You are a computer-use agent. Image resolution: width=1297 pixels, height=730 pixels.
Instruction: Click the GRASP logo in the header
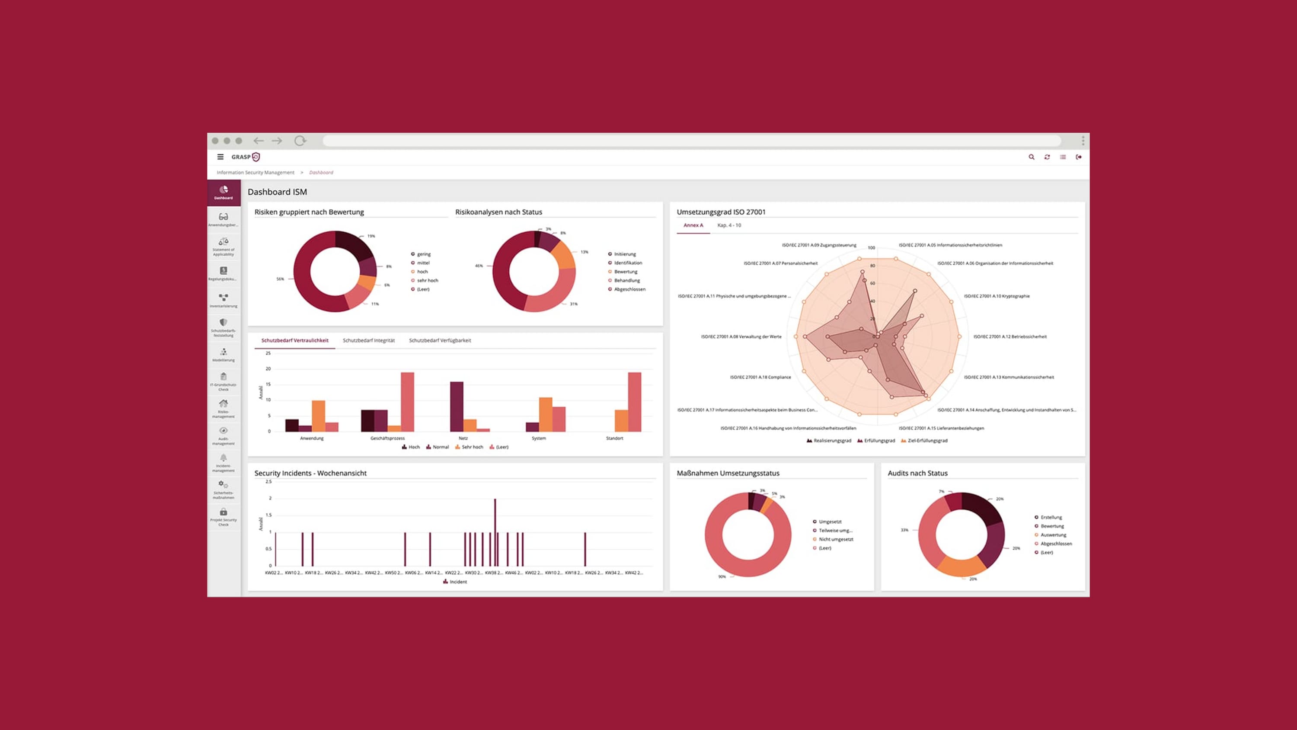click(x=246, y=157)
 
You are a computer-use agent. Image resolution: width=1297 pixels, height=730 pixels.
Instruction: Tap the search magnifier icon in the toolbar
click(x=1031, y=157)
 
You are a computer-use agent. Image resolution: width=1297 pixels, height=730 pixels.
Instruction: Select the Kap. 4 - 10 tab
click(x=729, y=225)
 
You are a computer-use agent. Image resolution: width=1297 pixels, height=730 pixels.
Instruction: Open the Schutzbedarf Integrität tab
click(x=368, y=341)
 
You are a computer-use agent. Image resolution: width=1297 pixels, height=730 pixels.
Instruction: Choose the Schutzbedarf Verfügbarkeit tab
click(x=440, y=341)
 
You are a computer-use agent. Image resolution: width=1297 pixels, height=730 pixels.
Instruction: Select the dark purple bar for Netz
click(x=457, y=406)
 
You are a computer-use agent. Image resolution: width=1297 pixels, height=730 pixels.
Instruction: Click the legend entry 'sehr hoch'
click(x=427, y=281)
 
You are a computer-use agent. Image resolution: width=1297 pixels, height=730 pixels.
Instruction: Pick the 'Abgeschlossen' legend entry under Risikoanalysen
click(x=629, y=289)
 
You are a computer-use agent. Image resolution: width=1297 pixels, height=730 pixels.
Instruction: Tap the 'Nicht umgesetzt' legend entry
click(x=835, y=539)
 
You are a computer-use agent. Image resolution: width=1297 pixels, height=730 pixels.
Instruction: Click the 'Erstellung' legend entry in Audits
click(x=1051, y=517)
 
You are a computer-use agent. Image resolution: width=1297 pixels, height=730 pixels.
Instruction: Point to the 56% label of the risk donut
click(x=280, y=279)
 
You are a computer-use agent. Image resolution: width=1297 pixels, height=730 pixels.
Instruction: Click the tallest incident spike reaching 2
click(x=495, y=531)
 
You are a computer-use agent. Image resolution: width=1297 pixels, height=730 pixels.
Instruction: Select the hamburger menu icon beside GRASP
click(x=220, y=157)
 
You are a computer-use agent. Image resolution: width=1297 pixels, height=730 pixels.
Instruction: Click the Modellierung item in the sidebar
click(x=224, y=355)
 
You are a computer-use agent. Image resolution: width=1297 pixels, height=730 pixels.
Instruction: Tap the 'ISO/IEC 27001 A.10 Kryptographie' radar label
click(x=997, y=296)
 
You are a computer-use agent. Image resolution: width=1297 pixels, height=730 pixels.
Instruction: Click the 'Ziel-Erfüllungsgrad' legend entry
click(x=926, y=441)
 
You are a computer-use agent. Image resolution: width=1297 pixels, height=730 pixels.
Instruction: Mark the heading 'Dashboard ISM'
click(x=277, y=192)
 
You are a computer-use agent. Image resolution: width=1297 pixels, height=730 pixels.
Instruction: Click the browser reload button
click(x=300, y=141)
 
